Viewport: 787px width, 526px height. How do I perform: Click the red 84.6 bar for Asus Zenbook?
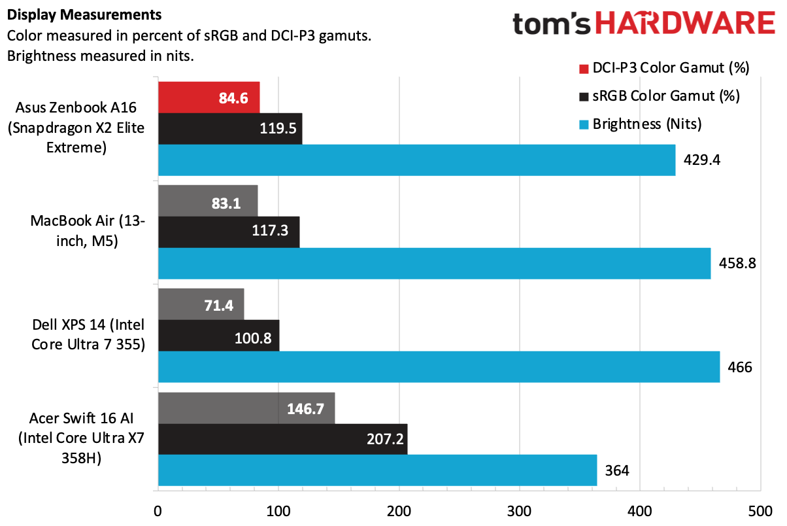click(x=209, y=97)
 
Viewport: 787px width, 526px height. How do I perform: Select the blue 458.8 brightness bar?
click(x=434, y=263)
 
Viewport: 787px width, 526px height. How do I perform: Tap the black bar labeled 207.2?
click(x=282, y=439)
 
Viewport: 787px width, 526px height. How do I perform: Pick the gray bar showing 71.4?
click(x=201, y=304)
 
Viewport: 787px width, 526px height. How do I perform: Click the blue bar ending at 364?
click(x=377, y=470)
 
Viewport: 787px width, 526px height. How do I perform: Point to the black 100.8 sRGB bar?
click(x=218, y=336)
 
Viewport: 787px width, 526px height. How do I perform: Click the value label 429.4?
click(x=703, y=160)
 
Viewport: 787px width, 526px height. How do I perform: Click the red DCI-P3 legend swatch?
click(x=583, y=68)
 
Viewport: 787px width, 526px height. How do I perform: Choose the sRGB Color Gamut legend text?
click(x=665, y=96)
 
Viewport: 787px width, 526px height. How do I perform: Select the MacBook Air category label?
click(x=88, y=230)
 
